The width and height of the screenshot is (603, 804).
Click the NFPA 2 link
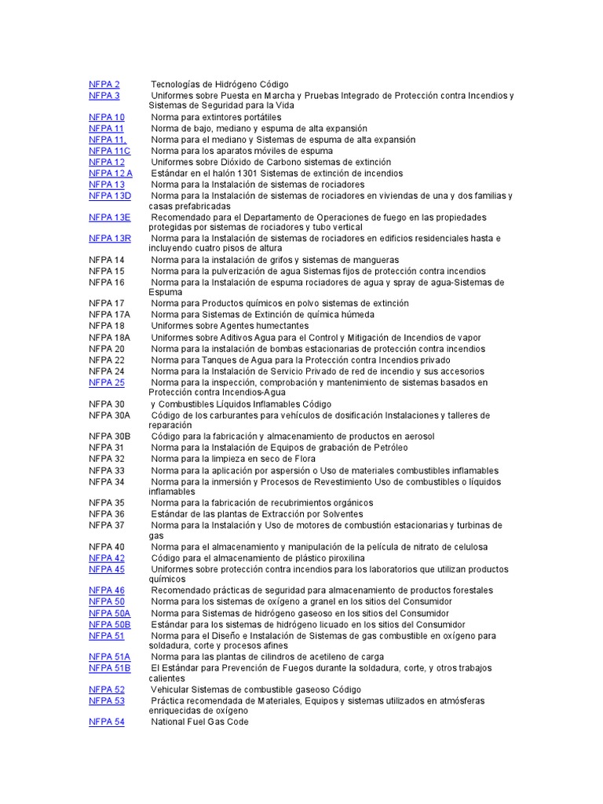(x=104, y=84)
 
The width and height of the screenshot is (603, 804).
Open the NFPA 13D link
(x=110, y=196)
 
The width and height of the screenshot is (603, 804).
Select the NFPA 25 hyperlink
(x=107, y=382)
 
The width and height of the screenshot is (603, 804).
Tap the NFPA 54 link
(x=107, y=722)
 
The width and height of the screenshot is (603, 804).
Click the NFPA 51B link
(x=110, y=668)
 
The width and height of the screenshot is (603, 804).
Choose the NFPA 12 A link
(x=111, y=173)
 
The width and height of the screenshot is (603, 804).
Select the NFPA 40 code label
(x=107, y=546)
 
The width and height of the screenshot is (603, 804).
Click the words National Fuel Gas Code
(x=199, y=722)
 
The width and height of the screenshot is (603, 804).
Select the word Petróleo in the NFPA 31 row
(x=385, y=448)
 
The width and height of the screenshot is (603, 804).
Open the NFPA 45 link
(x=107, y=569)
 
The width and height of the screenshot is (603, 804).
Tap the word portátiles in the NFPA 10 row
(x=257, y=117)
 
